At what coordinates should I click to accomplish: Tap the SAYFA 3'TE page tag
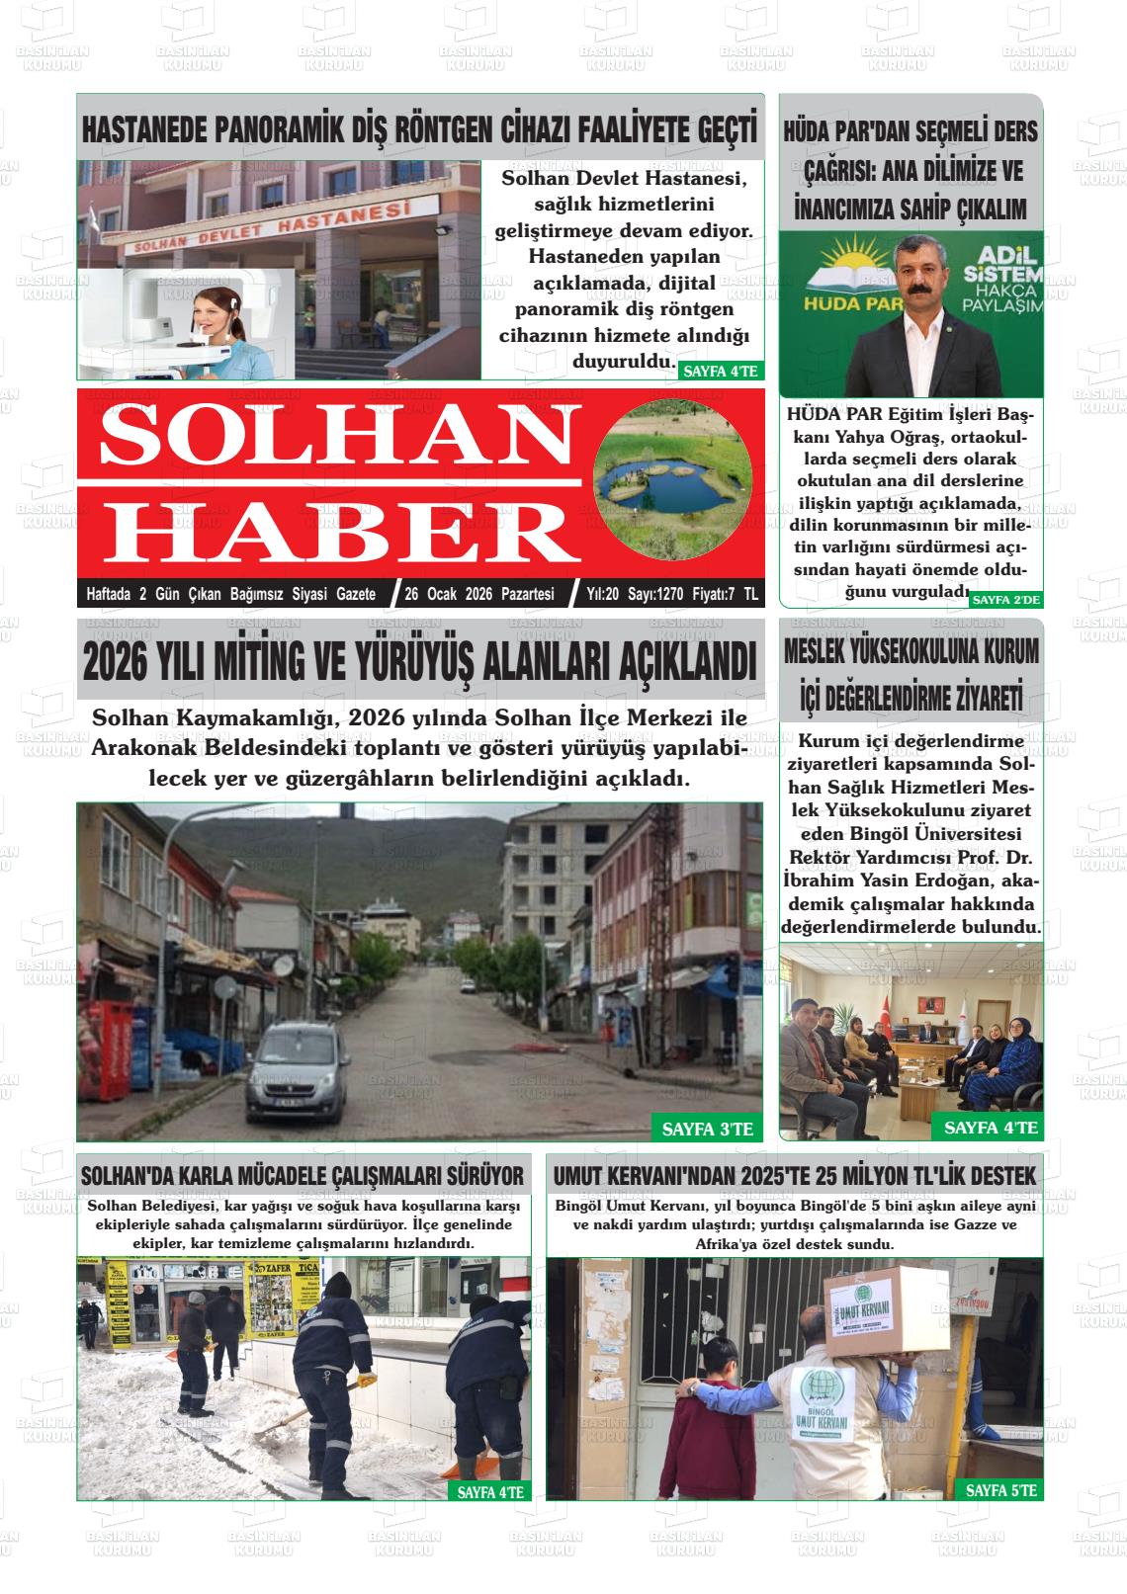[707, 1129]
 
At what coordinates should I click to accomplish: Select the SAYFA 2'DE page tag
[1005, 600]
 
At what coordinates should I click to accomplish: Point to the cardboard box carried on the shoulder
[869, 1311]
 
